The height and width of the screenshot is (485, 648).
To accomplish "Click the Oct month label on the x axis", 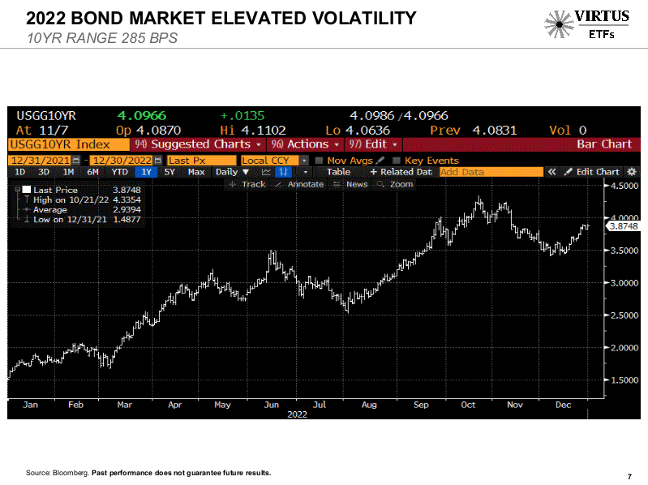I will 468,403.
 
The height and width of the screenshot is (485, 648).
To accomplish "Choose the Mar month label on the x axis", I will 124,403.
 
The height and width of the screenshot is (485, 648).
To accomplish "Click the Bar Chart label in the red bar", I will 603,144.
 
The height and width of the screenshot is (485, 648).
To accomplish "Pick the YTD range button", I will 119,172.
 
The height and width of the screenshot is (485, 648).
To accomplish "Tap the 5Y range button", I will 170,172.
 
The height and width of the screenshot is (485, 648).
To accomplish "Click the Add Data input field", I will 490,172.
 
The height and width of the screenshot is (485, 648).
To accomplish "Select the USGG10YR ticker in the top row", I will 47,116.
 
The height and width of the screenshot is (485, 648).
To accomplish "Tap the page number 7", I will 629,476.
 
